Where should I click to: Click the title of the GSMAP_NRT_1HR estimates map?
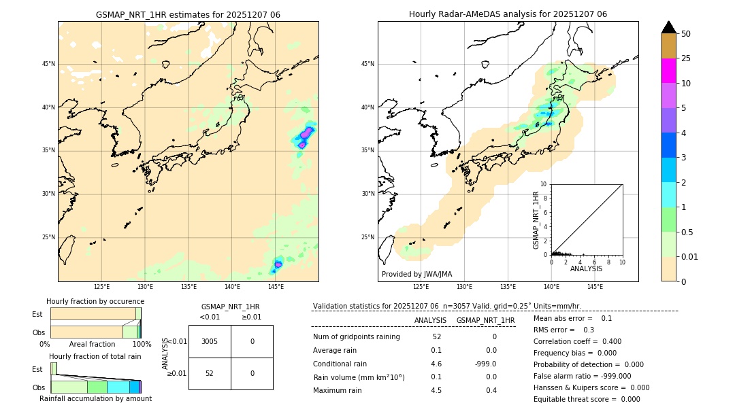click(x=188, y=14)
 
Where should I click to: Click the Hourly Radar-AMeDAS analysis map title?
click(x=508, y=14)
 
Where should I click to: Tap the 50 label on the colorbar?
click(x=686, y=34)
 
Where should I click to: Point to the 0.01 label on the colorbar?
click(x=690, y=257)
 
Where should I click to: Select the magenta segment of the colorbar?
click(x=669, y=71)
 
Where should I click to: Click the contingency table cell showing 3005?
click(x=210, y=341)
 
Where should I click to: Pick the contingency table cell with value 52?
click(x=210, y=373)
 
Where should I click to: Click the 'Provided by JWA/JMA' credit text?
click(x=416, y=274)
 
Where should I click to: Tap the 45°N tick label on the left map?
click(x=48, y=64)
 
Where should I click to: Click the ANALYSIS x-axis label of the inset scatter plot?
click(x=586, y=268)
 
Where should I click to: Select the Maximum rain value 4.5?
click(x=436, y=390)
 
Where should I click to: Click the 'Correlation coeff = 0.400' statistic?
click(x=577, y=341)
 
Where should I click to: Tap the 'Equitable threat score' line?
click(x=587, y=399)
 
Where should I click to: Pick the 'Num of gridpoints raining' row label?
click(x=357, y=337)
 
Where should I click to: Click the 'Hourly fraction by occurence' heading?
click(x=95, y=301)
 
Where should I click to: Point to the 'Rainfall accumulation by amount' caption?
click(x=95, y=398)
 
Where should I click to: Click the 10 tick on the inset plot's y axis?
click(x=544, y=184)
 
